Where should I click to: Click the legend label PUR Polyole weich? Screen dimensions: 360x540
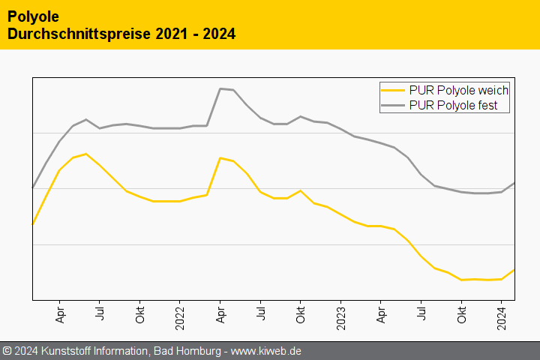pyautogui.click(x=459, y=90)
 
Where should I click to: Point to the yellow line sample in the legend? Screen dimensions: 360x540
pyautogui.click(x=394, y=90)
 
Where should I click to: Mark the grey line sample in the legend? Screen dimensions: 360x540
pyautogui.click(x=394, y=106)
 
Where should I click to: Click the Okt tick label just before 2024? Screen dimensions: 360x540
pyautogui.click(x=461, y=315)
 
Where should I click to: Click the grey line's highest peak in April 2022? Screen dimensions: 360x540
pyautogui.click(x=220, y=88)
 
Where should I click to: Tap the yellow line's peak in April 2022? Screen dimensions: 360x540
pyautogui.click(x=220, y=157)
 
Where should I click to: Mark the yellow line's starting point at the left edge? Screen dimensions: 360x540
pyautogui.click(x=33, y=223)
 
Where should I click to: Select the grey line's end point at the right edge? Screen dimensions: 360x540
pyautogui.click(x=514, y=183)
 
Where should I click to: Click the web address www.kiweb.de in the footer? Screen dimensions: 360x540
pyautogui.click(x=266, y=351)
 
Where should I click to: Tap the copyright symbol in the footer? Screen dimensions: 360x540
pyautogui.click(x=7, y=351)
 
